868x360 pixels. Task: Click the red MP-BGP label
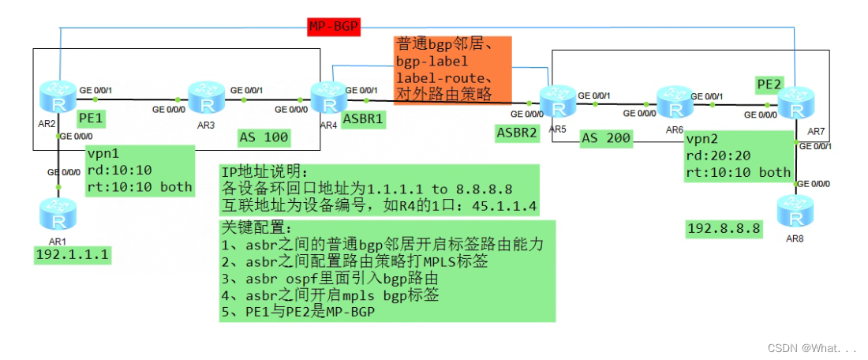point(334,27)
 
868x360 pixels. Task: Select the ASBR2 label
point(517,133)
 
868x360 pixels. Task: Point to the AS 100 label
point(264,138)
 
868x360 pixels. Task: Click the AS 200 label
point(606,138)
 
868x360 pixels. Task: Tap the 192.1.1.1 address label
point(72,254)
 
